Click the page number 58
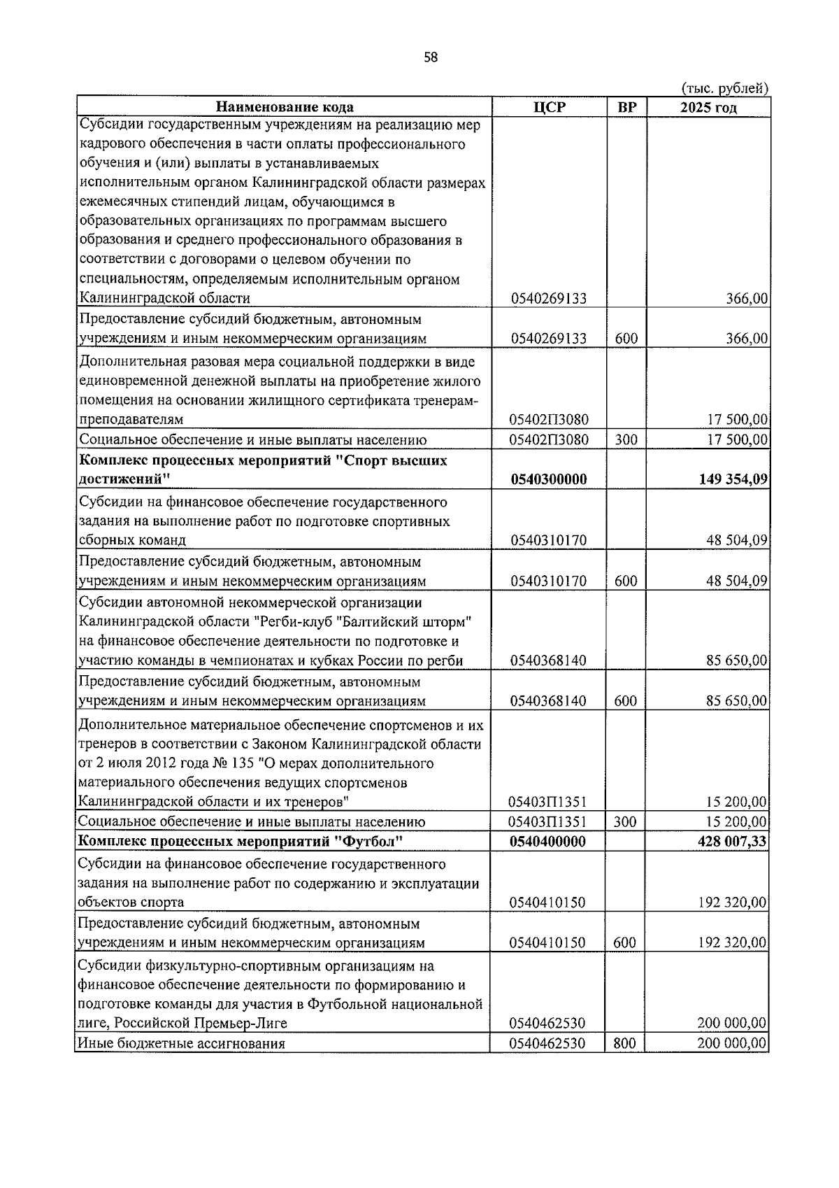[431, 58]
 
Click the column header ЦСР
[549, 107]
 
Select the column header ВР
[627, 107]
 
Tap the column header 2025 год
[708, 107]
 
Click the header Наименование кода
[285, 107]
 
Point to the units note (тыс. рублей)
[725, 88]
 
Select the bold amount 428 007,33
[731, 842]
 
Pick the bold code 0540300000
[549, 480]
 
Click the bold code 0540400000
[549, 842]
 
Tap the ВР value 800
[625, 1044]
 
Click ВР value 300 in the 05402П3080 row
[626, 440]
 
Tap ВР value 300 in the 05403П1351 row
[625, 822]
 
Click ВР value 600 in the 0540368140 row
[626, 701]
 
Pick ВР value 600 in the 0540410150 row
[625, 943]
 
